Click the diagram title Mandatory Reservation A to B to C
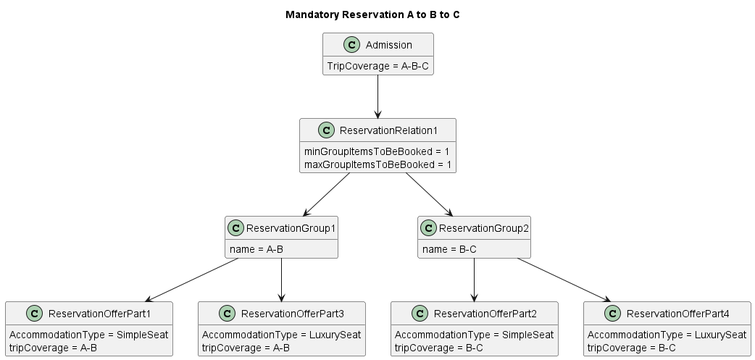[372, 14]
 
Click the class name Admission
[388, 45]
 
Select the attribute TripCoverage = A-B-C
[377, 65]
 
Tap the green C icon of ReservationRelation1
[325, 130]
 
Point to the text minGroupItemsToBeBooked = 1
[377, 151]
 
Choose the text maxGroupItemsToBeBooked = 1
[377, 164]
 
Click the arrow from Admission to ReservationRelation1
[377, 96]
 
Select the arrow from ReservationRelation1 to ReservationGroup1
[326, 194]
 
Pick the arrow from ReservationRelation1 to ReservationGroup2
[429, 194]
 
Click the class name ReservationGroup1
[291, 228]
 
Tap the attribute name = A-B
[256, 249]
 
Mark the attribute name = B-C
[449, 249]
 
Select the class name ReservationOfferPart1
[99, 314]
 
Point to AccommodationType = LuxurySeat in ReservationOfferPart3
[281, 335]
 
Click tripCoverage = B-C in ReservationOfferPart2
[438, 348]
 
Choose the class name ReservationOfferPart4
[677, 314]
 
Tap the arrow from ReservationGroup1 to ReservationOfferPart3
[281, 280]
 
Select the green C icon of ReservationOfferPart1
[34, 314]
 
